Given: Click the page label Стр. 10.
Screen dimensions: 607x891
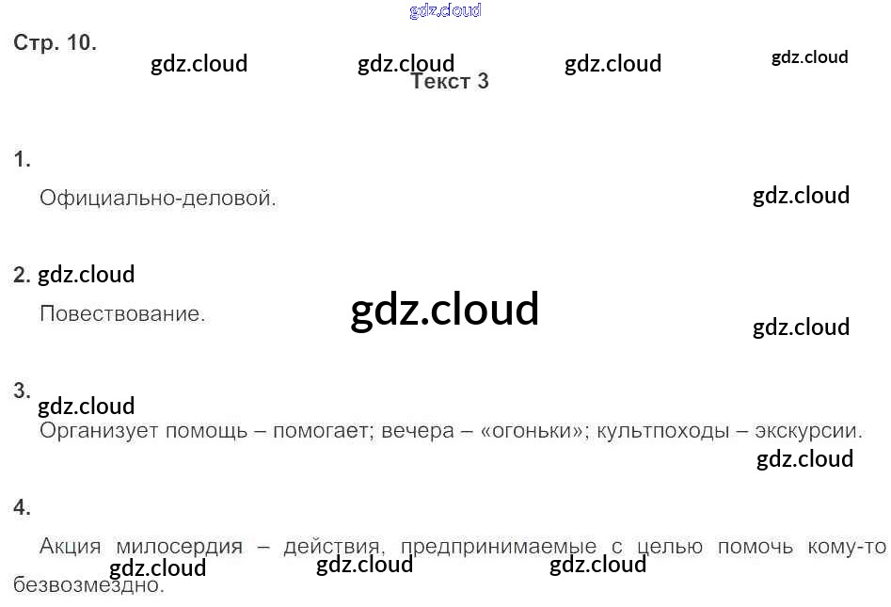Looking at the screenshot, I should tap(55, 43).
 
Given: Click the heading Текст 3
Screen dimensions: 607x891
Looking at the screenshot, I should tap(450, 82).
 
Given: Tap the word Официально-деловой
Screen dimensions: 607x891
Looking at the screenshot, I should tap(158, 199).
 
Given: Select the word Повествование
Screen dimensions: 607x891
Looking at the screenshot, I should tap(122, 313).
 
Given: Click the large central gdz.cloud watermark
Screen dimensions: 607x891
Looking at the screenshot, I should tap(445, 309).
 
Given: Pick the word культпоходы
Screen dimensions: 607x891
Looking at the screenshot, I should tap(663, 432).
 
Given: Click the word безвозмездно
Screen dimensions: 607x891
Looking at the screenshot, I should tap(89, 585).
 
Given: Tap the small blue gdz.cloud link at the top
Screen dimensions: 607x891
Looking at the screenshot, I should tap(445, 11).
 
